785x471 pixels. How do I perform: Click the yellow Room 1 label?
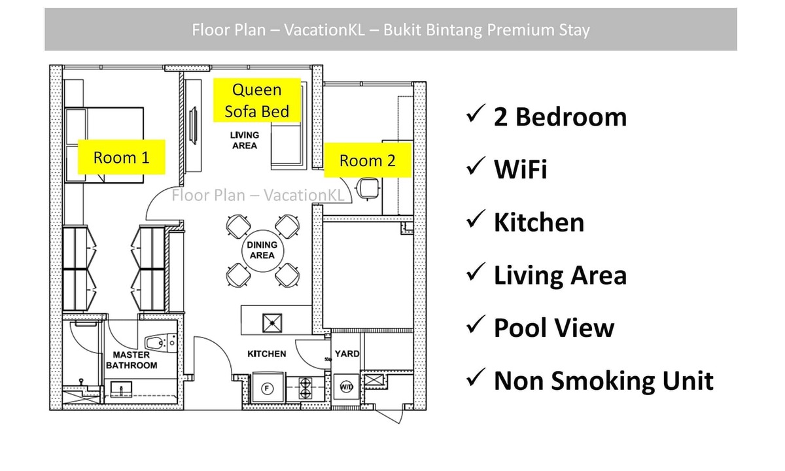pos(121,157)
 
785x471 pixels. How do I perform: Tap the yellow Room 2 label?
pos(368,160)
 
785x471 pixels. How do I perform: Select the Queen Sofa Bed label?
pos(257,100)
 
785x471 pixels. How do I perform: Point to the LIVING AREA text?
pos(245,140)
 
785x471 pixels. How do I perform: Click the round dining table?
pos(262,251)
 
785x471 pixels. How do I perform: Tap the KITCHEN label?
pos(267,354)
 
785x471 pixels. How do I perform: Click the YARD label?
pos(347,354)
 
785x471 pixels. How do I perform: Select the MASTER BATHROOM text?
pos(131,360)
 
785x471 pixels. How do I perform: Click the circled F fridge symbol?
pos(268,389)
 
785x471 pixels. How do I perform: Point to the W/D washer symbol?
pos(346,387)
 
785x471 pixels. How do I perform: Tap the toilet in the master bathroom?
pos(160,342)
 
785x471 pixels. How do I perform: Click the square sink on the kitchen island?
pos(272,323)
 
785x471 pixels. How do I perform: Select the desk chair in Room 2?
pos(367,188)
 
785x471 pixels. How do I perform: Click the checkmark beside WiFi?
pos(476,166)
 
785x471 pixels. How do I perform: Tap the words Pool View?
pos(554,328)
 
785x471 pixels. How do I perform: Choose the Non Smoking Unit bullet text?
pos(603,381)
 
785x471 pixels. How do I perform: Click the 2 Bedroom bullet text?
pos(560,117)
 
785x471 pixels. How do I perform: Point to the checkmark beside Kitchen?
pos(476,219)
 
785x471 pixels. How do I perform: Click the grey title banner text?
pos(391,30)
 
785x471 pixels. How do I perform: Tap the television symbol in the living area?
pos(194,125)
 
